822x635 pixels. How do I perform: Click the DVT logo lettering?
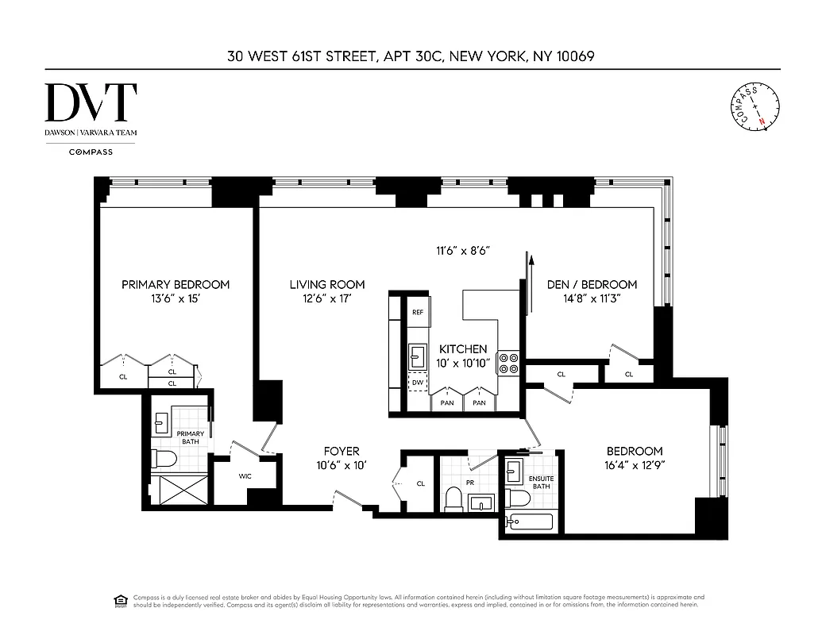tap(91, 102)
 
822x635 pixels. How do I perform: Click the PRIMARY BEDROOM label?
tap(176, 284)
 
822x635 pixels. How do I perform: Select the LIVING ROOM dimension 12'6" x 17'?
tap(326, 299)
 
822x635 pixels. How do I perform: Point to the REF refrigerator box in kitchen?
tap(417, 312)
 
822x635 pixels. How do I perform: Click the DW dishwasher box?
tap(417, 383)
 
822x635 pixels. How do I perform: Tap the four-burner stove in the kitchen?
tap(508, 364)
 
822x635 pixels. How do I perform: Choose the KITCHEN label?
tap(463, 349)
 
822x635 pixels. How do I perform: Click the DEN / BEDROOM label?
tap(592, 284)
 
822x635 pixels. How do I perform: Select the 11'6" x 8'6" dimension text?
tap(461, 251)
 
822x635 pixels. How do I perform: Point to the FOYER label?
tap(342, 451)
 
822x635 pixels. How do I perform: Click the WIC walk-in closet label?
tap(245, 477)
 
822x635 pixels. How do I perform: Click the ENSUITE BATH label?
tap(541, 482)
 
